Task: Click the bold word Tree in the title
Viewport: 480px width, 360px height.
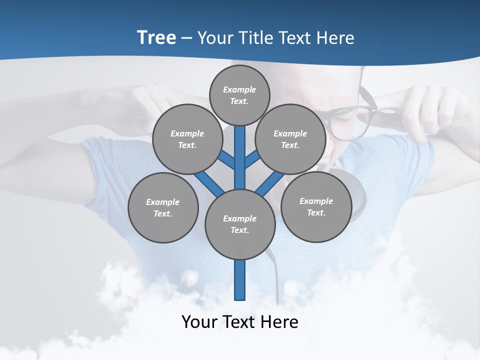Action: click(x=156, y=37)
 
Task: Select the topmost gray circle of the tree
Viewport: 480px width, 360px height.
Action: click(x=239, y=95)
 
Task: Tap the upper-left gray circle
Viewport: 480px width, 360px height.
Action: click(x=187, y=139)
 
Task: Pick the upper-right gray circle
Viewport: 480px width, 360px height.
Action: click(x=290, y=139)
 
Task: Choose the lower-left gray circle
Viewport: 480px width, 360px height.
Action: click(x=162, y=207)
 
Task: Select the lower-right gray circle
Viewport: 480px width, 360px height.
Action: click(x=316, y=206)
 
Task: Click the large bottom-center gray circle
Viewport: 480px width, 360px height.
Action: click(x=240, y=224)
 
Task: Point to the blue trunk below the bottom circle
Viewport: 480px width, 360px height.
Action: click(x=240, y=280)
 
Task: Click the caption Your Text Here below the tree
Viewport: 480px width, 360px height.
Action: click(x=240, y=322)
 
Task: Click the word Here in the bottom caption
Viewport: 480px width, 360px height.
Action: click(x=279, y=322)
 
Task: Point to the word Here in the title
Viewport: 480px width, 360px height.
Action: click(x=335, y=37)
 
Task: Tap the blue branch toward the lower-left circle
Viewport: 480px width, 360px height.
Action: click(x=209, y=183)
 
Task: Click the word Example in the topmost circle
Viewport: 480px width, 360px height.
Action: click(x=239, y=89)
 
